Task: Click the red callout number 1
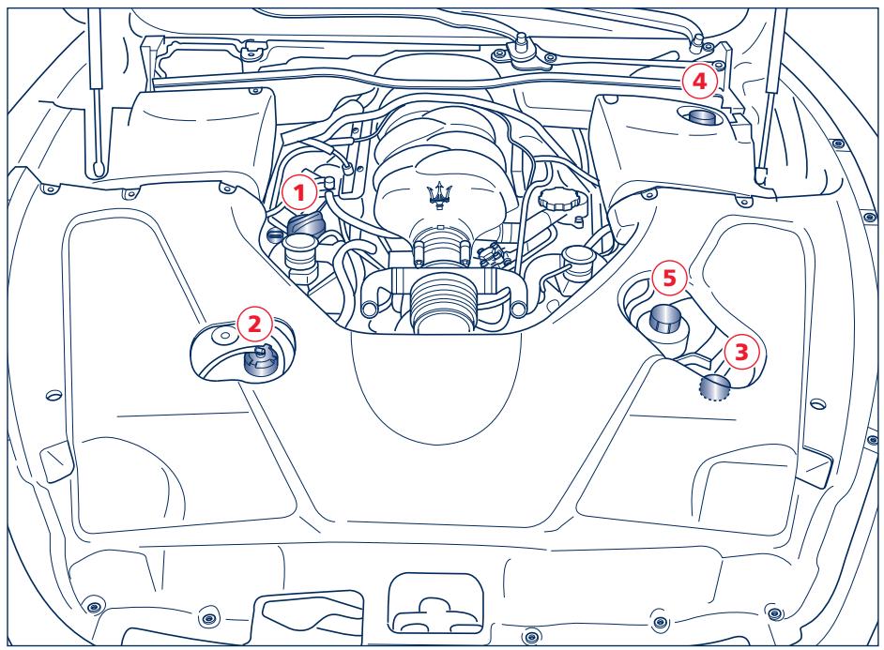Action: pyautogui.click(x=298, y=194)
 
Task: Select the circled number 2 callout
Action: pyautogui.click(x=255, y=325)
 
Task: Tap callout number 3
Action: pyautogui.click(x=739, y=354)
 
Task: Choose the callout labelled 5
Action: pyautogui.click(x=667, y=279)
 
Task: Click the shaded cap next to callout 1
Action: pyautogui.click(x=306, y=226)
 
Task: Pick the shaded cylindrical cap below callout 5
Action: pyautogui.click(x=665, y=318)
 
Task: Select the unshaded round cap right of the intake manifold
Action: pyautogui.click(x=573, y=258)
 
